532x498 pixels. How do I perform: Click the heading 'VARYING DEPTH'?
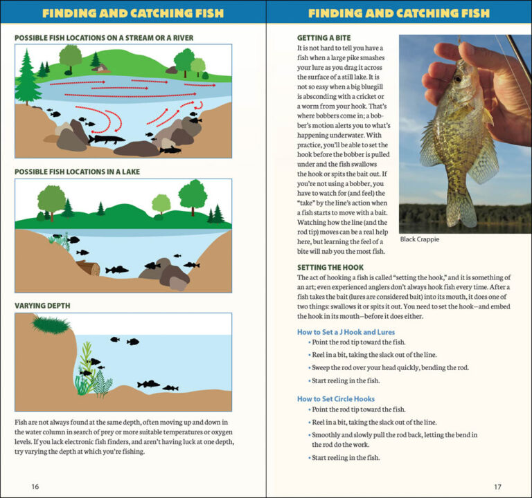pos(42,305)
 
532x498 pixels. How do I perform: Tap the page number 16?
pos(35,486)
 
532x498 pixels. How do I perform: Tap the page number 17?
pos(497,486)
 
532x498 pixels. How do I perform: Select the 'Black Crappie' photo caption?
pos(420,239)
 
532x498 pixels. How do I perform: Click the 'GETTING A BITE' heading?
pos(323,38)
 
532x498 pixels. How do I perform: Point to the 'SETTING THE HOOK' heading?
pos(330,267)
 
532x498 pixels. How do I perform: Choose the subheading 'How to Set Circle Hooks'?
pos(335,398)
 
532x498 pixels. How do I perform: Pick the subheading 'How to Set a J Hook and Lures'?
pos(346,332)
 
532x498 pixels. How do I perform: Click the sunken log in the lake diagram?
pos(88,268)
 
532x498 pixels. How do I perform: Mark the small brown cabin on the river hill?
pos(103,68)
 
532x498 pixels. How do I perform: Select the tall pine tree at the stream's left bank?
pos(27,78)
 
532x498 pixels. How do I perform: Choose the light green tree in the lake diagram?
pos(161,204)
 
